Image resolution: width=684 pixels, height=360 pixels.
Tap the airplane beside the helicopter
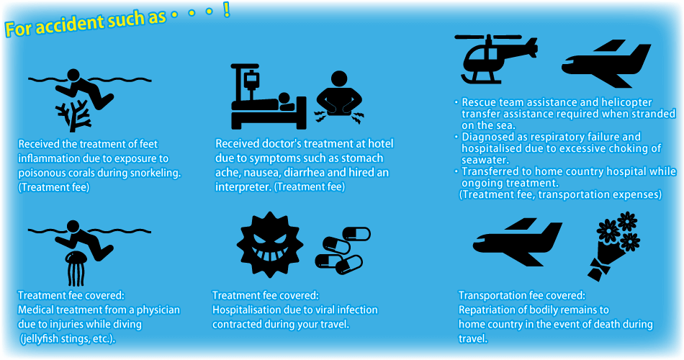606,63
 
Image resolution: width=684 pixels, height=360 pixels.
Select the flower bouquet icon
613,246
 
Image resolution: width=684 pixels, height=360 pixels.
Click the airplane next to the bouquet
518,242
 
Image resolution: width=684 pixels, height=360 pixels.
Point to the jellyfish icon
76,269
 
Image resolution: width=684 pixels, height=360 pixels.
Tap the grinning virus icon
269,244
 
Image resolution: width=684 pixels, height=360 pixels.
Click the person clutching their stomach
339,98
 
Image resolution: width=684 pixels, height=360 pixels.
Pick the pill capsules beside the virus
343,251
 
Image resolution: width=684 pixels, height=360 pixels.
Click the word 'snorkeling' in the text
150,173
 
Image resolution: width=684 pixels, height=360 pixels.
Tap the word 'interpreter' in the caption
243,186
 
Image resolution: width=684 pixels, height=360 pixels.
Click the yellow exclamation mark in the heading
226,10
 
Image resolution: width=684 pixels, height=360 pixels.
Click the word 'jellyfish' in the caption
42,339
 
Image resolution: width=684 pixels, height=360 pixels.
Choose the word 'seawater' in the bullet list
485,160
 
